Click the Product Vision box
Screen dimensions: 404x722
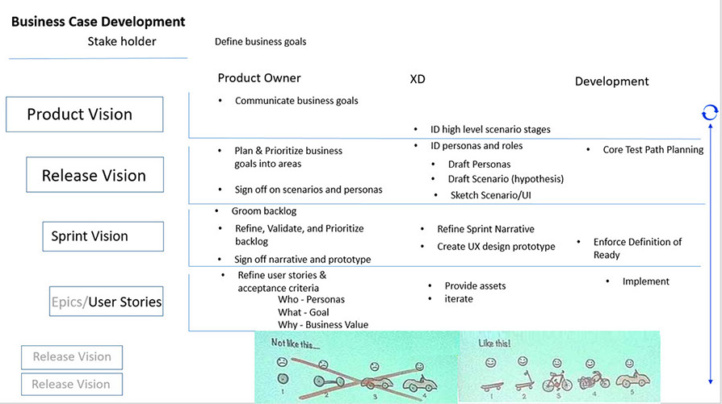(84, 115)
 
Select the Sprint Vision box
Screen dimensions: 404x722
(102, 236)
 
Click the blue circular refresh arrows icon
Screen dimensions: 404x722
(709, 113)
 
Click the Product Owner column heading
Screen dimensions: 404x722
(259, 78)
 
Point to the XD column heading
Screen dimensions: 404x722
(418, 81)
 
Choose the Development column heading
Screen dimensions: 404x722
(611, 81)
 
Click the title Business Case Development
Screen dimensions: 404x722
(98, 22)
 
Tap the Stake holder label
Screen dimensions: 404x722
(122, 41)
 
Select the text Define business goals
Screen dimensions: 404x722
(260, 42)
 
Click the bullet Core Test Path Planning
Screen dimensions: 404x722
(653, 150)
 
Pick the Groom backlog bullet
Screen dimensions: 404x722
(264, 211)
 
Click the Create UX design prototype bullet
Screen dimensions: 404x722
(496, 247)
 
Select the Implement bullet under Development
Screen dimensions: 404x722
(645, 281)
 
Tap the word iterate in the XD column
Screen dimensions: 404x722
(458, 299)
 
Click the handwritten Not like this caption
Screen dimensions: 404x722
(295, 343)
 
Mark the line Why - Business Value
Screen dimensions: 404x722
(322, 325)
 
